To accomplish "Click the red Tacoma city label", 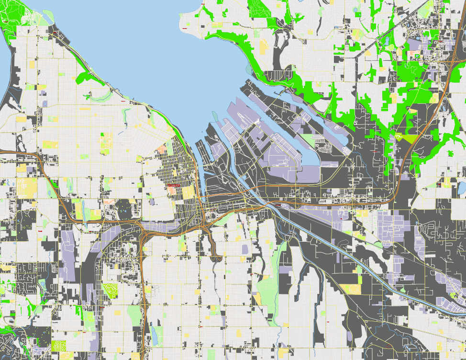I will tap(174, 185).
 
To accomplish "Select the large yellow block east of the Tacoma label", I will tap(188, 192).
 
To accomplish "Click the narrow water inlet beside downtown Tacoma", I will tap(201, 182).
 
